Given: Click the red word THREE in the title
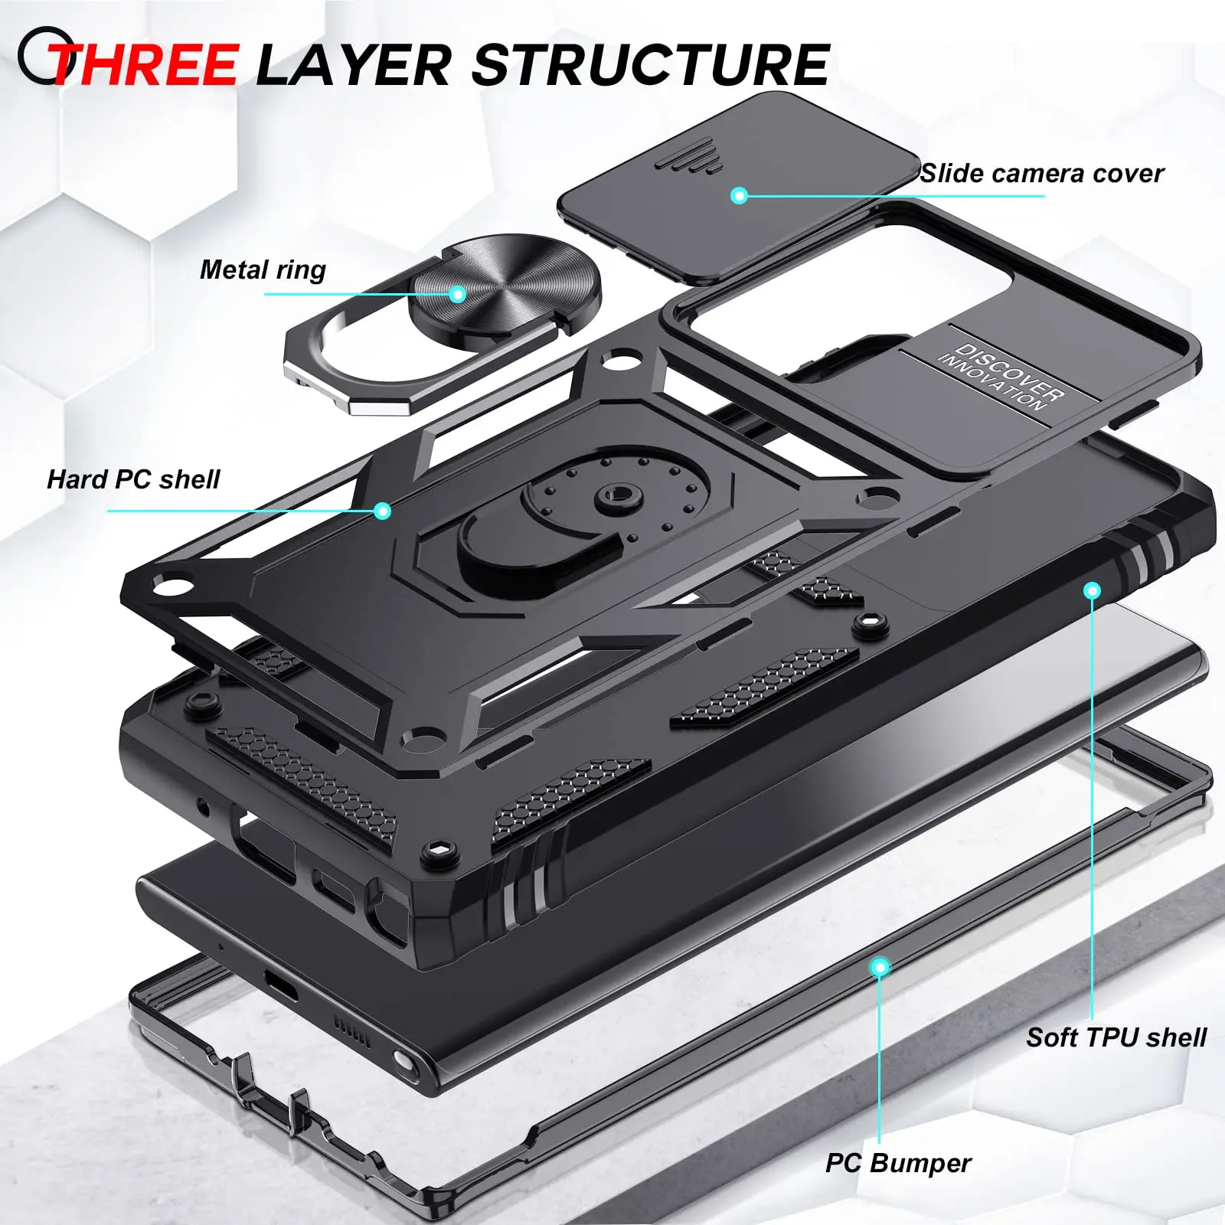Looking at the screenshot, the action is pyautogui.click(x=145, y=64).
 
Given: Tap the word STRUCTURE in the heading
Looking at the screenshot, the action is pyautogui.click(x=651, y=64).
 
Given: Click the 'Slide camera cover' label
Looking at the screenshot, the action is pyautogui.click(x=1041, y=174).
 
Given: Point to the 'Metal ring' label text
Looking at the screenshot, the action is pyautogui.click(x=263, y=270).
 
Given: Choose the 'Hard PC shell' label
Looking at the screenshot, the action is pyautogui.click(x=133, y=480).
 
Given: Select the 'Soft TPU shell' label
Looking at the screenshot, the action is pyautogui.click(x=1116, y=1038).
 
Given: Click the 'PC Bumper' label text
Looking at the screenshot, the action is pyautogui.click(x=897, y=1164).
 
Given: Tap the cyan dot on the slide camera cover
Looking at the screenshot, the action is pyautogui.click(x=739, y=195).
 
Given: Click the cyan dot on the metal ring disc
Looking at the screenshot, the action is pyautogui.click(x=458, y=294).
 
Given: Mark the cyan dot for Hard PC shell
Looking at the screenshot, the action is pyautogui.click(x=383, y=511).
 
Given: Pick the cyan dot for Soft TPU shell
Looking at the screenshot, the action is pyautogui.click(x=1093, y=590).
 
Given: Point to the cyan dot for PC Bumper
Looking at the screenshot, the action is pyautogui.click(x=880, y=968).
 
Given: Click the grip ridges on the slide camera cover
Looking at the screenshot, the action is pyautogui.click(x=693, y=142).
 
